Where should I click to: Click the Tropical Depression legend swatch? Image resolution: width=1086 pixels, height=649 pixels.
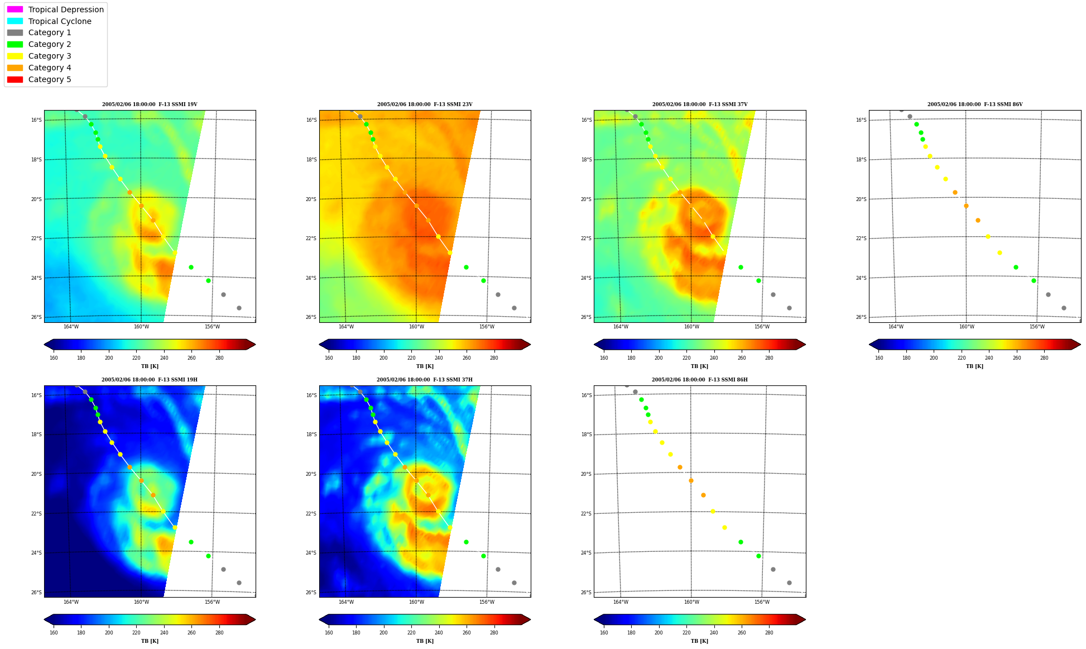coord(15,9)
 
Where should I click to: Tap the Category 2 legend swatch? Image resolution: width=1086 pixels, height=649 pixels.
coord(15,44)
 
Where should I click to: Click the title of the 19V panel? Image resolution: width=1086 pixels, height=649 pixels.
coord(150,104)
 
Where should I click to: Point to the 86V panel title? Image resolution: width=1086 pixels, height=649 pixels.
coord(975,104)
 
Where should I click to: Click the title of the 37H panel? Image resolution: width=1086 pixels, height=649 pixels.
coord(425,380)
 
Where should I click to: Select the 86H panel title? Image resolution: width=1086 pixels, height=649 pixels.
coord(700,380)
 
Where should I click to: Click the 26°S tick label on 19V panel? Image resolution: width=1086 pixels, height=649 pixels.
coord(36,317)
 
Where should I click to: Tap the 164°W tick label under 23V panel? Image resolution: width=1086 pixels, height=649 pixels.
coord(346,327)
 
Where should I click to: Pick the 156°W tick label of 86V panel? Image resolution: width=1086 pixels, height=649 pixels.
coord(1037,327)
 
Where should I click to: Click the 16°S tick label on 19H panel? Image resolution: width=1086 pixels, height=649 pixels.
coord(36,395)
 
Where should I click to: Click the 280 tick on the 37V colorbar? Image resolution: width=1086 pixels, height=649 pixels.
coord(769,358)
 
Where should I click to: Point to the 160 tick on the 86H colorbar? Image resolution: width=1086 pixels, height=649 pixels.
coord(604,633)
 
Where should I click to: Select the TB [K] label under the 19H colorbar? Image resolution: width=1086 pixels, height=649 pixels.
coord(150,641)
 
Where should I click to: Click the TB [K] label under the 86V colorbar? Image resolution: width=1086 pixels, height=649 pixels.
coord(975,366)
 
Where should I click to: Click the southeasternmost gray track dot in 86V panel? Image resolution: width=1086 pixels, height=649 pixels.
coord(1064,308)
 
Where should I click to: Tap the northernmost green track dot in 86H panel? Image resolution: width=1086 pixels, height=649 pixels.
coord(641,399)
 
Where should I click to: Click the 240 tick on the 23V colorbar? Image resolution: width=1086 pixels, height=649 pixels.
coord(439,358)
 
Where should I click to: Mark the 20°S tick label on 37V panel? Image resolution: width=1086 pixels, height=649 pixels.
coord(587,199)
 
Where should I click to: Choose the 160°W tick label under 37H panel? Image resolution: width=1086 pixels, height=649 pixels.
coord(416,602)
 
